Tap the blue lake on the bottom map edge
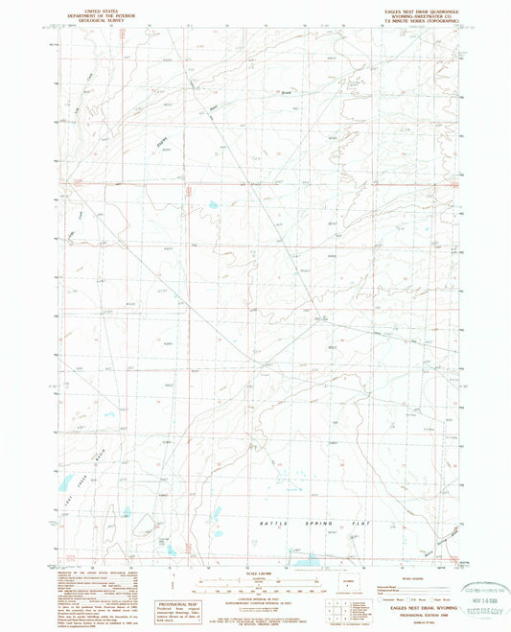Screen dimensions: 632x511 click(305, 563)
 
